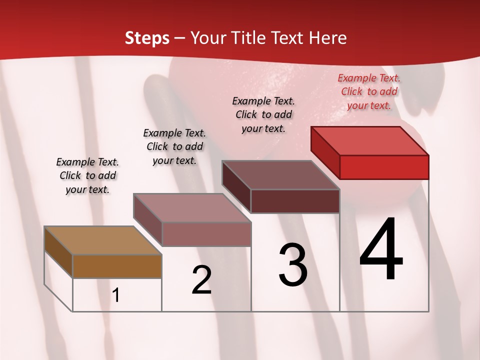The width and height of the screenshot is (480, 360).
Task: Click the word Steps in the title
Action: [x=147, y=38]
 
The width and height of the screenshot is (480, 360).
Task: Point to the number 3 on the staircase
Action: [x=293, y=265]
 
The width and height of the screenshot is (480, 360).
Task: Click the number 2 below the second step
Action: [x=201, y=280]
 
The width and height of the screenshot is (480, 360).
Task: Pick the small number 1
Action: [x=116, y=295]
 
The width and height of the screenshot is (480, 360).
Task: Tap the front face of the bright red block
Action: [x=384, y=167]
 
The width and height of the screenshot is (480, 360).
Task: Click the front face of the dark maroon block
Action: [x=295, y=201]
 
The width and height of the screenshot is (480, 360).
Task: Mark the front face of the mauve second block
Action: [x=206, y=234]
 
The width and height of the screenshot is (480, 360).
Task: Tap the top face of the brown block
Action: [x=103, y=240]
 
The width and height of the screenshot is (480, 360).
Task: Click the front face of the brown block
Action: [x=117, y=266]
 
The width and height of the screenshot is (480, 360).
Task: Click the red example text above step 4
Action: [x=369, y=91]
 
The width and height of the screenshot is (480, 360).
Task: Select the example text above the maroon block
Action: [x=263, y=114]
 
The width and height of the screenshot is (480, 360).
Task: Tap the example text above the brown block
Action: [x=87, y=175]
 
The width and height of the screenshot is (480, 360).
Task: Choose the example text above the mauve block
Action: [x=174, y=146]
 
